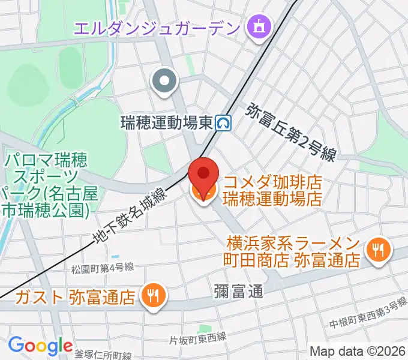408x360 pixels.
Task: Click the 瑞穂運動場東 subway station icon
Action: [x=225, y=123]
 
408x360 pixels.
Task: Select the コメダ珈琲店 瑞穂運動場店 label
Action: [x=272, y=190]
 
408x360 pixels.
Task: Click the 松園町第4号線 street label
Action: [x=101, y=267]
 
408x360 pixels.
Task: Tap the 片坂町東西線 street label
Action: [x=197, y=338]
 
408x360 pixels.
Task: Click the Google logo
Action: [x=40, y=345]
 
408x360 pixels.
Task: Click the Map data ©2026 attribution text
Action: [x=357, y=351]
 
